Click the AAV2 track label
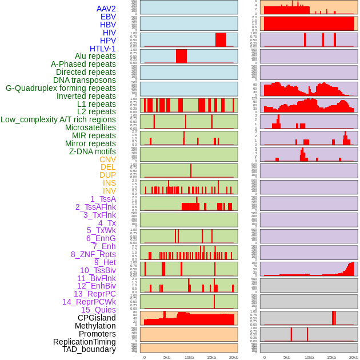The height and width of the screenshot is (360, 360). (x=106, y=9)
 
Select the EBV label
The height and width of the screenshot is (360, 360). (x=108, y=17)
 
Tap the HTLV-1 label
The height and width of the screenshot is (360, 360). (x=103, y=49)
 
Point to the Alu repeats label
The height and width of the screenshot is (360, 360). (x=95, y=56)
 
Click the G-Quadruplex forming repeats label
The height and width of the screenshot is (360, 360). (x=61, y=88)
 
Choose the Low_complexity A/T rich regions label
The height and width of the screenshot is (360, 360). (x=58, y=119)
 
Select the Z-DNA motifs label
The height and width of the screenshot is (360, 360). (x=93, y=151)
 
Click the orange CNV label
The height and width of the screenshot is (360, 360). (x=107, y=159)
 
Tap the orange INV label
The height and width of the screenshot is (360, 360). (x=109, y=191)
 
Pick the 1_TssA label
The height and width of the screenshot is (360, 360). (x=103, y=199)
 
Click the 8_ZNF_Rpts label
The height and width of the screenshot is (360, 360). (x=93, y=254)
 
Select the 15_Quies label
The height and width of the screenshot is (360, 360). (x=98, y=310)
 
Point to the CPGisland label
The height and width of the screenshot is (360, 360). (x=97, y=318)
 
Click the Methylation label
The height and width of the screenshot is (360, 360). (x=95, y=326)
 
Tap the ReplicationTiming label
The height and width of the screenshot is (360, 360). (x=85, y=342)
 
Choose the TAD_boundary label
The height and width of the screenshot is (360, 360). (x=89, y=349)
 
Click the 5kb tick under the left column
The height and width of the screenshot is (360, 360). (x=167, y=357)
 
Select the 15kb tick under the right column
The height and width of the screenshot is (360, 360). (x=331, y=357)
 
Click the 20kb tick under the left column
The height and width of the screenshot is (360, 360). (x=234, y=357)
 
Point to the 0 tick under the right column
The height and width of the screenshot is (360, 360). (x=264, y=357)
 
